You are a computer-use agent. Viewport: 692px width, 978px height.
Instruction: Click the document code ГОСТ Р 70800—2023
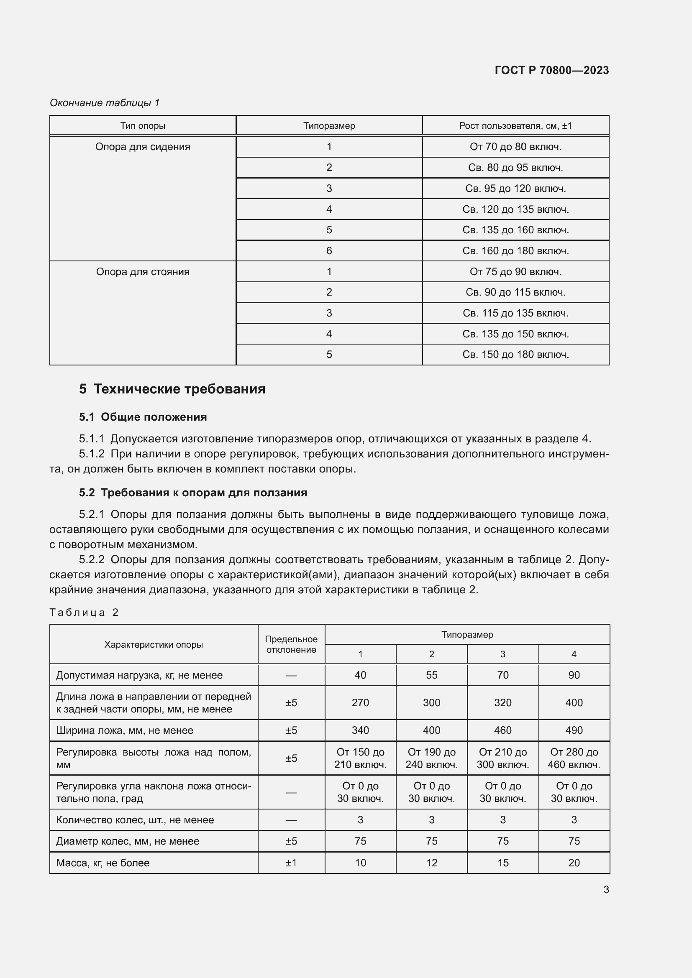[x=551, y=70]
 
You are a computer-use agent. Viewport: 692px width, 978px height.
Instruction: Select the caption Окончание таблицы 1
[x=105, y=103]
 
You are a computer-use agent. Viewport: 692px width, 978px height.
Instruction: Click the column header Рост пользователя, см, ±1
[x=515, y=126]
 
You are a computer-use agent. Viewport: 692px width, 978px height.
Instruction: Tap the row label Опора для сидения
[x=143, y=147]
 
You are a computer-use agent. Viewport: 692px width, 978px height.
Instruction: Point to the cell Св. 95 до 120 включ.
[x=515, y=188]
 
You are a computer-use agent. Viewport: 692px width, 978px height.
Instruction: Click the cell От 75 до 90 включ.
[x=515, y=272]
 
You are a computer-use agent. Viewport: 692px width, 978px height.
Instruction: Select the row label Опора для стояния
[x=143, y=272]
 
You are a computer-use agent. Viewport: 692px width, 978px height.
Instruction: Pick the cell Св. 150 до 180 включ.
[x=515, y=355]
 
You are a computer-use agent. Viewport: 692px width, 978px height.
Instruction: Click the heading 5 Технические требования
[x=172, y=389]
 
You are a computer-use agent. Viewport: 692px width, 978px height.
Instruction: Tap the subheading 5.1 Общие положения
[x=143, y=417]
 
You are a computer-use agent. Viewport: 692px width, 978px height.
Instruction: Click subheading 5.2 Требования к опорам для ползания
[x=192, y=493]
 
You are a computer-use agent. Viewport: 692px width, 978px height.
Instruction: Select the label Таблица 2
[x=84, y=613]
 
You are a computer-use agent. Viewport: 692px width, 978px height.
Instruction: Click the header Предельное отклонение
[x=291, y=644]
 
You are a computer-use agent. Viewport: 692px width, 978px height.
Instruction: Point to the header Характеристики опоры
[x=154, y=645]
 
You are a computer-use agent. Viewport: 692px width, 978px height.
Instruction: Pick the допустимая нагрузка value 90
[x=574, y=675]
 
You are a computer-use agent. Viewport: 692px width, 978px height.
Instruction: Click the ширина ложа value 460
[x=502, y=730]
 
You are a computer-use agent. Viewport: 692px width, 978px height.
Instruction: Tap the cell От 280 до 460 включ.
[x=574, y=758]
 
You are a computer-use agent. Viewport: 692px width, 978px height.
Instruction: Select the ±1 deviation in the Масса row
[x=291, y=863]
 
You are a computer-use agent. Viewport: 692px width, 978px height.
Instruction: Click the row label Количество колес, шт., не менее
[x=135, y=820]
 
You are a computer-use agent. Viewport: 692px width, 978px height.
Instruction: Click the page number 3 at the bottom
[x=606, y=890]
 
